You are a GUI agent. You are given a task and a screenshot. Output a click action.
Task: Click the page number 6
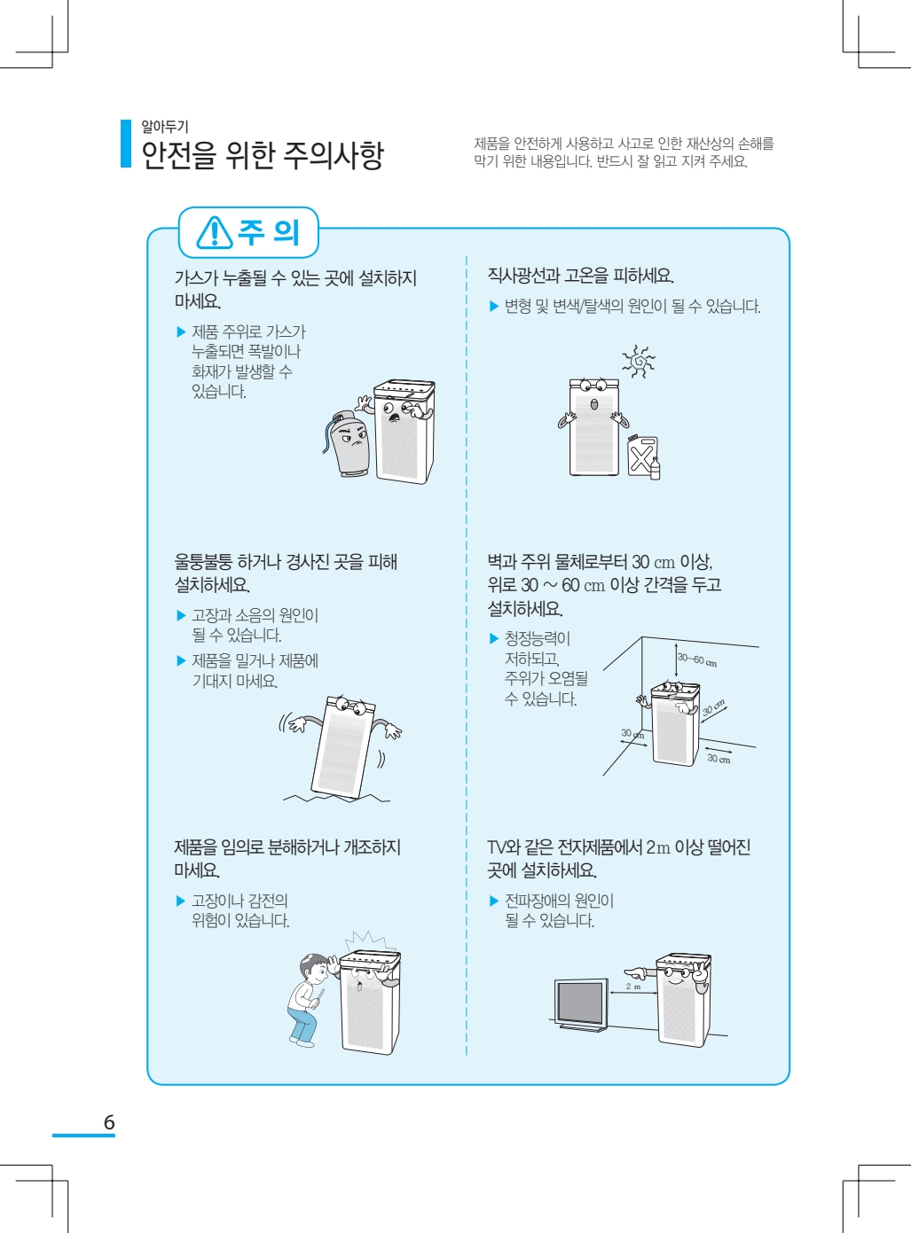(109, 1122)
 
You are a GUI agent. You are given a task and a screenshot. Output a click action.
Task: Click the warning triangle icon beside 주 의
(215, 232)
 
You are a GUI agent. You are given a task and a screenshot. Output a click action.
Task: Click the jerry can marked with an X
(641, 456)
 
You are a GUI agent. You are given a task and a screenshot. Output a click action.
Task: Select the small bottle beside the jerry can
(655, 468)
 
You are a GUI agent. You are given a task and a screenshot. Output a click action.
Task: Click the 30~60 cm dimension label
(696, 660)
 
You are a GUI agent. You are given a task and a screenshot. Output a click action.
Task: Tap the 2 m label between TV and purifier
(633, 987)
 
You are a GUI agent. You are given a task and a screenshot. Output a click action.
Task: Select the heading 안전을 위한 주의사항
(262, 154)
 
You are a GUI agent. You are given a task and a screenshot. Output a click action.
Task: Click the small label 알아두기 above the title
(165, 127)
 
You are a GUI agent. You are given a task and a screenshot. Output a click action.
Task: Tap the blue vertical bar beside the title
(126, 144)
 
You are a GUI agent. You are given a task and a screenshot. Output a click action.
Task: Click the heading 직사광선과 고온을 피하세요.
(580, 275)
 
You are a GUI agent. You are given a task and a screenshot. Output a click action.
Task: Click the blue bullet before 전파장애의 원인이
(493, 901)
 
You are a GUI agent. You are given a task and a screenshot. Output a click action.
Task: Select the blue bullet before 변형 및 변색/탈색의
(493, 306)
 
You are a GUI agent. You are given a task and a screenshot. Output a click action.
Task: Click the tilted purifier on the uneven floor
(342, 748)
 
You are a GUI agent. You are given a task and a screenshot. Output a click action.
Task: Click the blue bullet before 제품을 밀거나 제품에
(181, 660)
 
